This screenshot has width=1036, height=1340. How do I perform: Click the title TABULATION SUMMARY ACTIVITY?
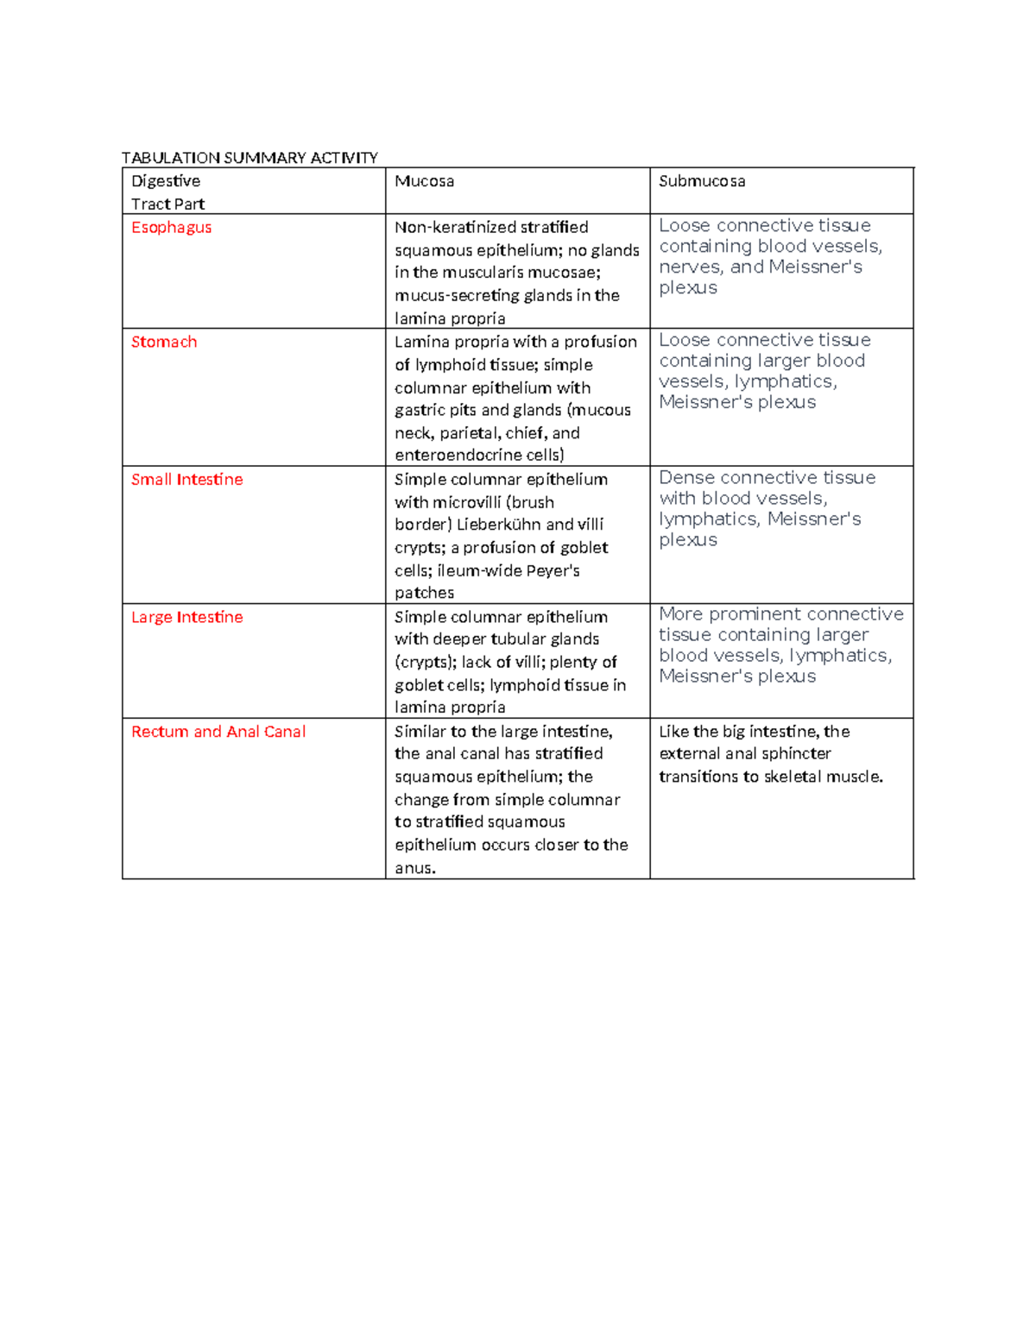click(250, 158)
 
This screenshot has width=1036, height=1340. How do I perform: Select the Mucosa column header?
click(424, 181)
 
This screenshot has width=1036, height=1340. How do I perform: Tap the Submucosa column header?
click(701, 181)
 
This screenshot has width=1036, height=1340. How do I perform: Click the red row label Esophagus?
click(171, 228)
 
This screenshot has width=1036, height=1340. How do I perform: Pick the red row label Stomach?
click(164, 343)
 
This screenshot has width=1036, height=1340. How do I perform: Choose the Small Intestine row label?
click(186, 480)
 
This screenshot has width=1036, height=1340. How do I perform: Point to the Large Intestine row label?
click(186, 618)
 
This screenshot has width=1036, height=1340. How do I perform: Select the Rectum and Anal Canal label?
click(218, 732)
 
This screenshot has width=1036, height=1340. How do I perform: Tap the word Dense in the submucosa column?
click(686, 478)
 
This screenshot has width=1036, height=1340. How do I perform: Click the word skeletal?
click(793, 777)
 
